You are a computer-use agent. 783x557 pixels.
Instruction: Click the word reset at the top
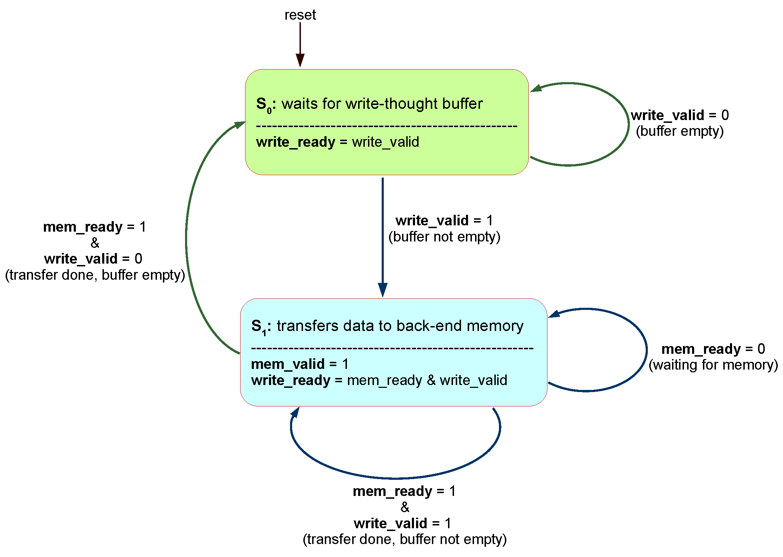coord(300,15)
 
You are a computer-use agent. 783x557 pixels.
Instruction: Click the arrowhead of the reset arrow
coord(300,60)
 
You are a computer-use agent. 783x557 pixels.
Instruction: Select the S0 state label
coord(264,105)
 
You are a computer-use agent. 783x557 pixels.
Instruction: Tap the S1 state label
coord(259,327)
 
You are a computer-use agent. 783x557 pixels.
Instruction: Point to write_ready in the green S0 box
coord(295,142)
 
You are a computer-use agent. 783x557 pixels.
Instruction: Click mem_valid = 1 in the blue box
coord(300,364)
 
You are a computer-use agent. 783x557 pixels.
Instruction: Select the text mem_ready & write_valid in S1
coord(427,380)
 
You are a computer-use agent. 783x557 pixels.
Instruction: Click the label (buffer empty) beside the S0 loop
coord(679,131)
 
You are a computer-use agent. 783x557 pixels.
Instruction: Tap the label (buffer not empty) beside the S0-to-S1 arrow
coord(444,237)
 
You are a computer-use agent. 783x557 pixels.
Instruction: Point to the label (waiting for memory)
coord(713,365)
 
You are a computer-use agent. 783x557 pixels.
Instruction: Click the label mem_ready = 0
coord(713,349)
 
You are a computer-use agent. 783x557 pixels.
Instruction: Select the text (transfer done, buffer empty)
coord(95,275)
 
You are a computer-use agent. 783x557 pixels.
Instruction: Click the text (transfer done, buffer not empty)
coord(404,539)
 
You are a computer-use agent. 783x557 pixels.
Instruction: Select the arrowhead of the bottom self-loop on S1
coord(295,412)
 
